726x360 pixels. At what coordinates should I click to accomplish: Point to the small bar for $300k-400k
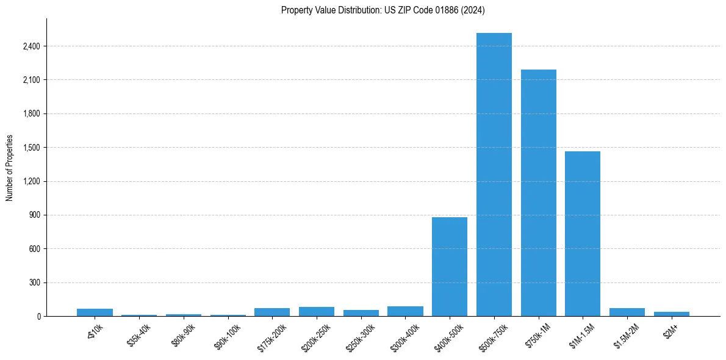(x=405, y=311)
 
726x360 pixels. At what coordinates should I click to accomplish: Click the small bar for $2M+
(x=671, y=314)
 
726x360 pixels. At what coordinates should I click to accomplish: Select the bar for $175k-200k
(x=272, y=312)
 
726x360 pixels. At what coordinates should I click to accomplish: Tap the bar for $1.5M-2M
(x=627, y=312)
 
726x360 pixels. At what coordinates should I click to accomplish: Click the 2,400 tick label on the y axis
(x=31, y=46)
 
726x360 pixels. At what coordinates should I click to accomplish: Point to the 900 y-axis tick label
(x=34, y=215)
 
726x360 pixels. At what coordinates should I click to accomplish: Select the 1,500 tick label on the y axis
(x=31, y=148)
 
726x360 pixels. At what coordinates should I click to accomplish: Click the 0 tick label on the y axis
(x=38, y=317)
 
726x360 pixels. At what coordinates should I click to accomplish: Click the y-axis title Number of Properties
(x=10, y=168)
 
